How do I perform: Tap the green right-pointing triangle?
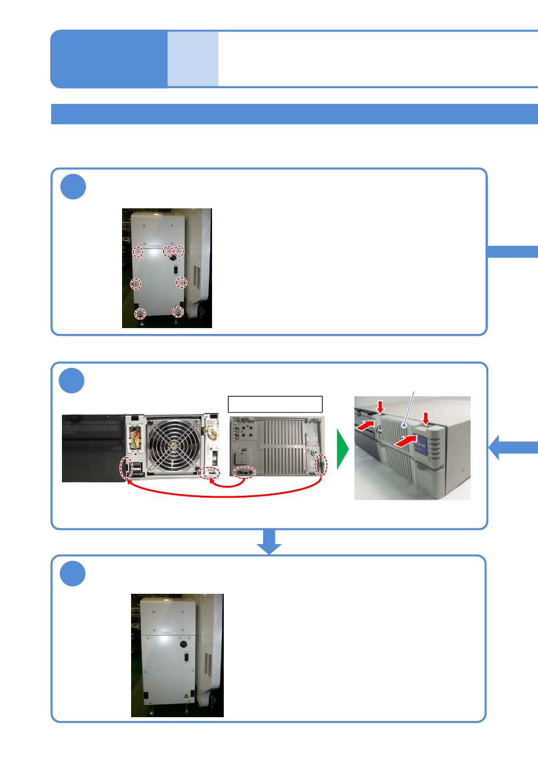coord(343,449)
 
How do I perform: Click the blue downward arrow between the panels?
coord(269,541)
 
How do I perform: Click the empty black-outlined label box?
coord(275,404)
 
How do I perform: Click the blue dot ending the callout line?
coord(404,425)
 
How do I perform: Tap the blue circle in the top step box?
coord(73,187)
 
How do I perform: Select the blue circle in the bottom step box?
coord(73,573)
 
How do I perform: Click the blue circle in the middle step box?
coord(72,380)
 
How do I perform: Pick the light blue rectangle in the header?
coord(193,59)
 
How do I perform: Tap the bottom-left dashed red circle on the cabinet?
coord(140,313)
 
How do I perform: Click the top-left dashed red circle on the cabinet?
coord(138,252)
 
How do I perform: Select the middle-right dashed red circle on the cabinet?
coord(181,282)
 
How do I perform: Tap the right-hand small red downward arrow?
coord(425,418)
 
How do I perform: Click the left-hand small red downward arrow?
coord(381,407)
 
